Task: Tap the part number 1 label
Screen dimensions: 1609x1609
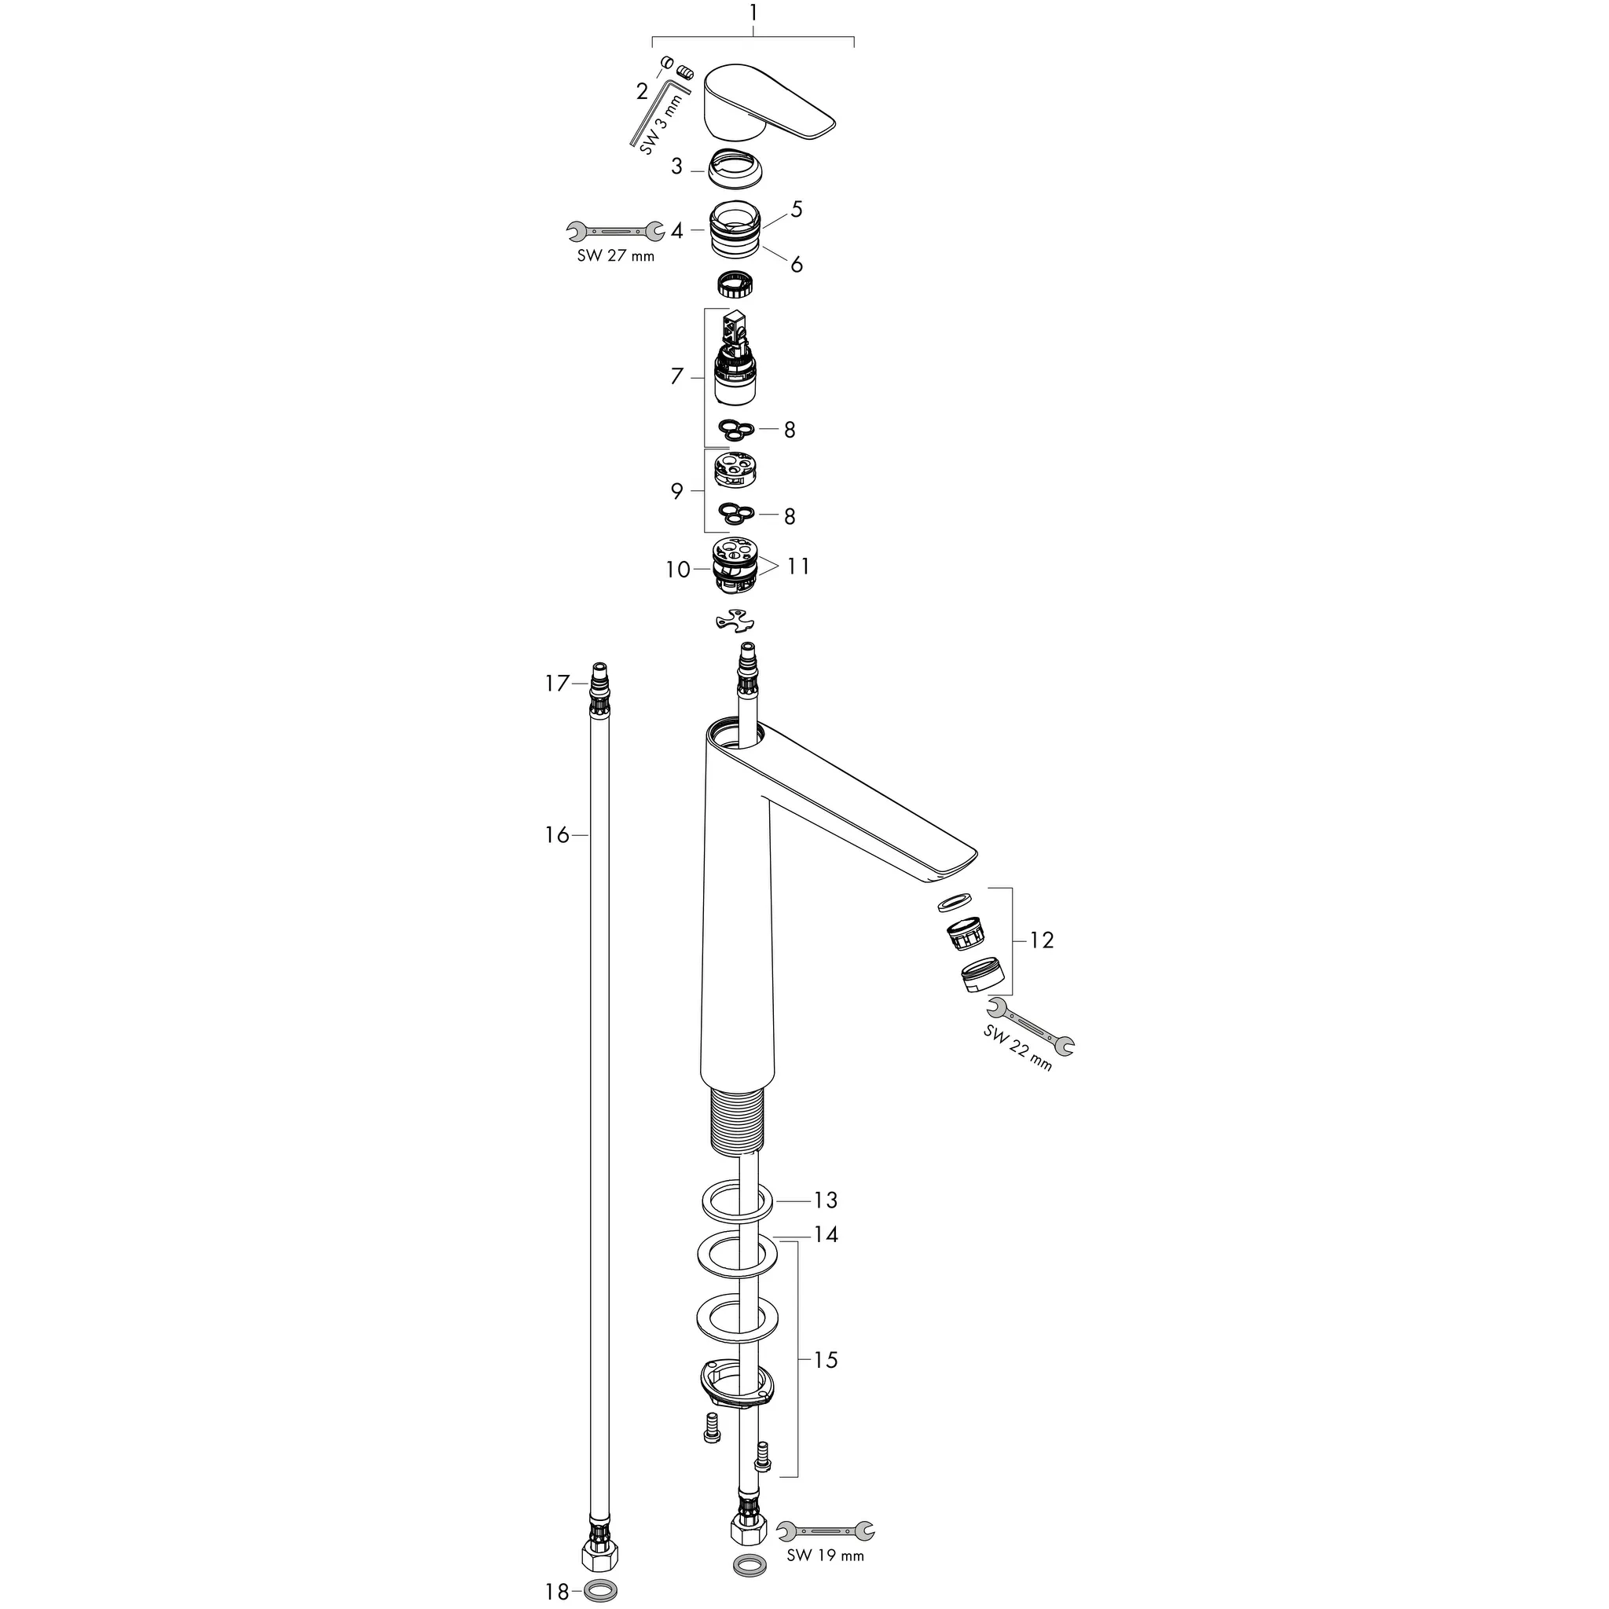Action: tap(753, 13)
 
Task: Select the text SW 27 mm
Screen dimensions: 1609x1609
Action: tap(615, 256)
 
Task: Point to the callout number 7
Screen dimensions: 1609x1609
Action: tap(677, 376)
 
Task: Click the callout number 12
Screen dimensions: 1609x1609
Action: tap(1042, 940)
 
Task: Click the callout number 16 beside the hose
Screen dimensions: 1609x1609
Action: tap(557, 834)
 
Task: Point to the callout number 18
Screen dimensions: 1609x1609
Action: tap(557, 1593)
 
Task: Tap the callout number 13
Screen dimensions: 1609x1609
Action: tap(826, 1200)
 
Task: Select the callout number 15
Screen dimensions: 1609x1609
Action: tap(826, 1360)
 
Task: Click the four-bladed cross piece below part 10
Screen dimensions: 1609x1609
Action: tap(737, 621)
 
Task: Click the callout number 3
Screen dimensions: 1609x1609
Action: tap(676, 167)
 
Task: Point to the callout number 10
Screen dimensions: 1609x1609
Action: tap(678, 570)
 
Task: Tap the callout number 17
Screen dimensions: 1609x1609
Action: tap(557, 684)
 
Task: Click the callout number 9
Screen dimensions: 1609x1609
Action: tap(677, 491)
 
